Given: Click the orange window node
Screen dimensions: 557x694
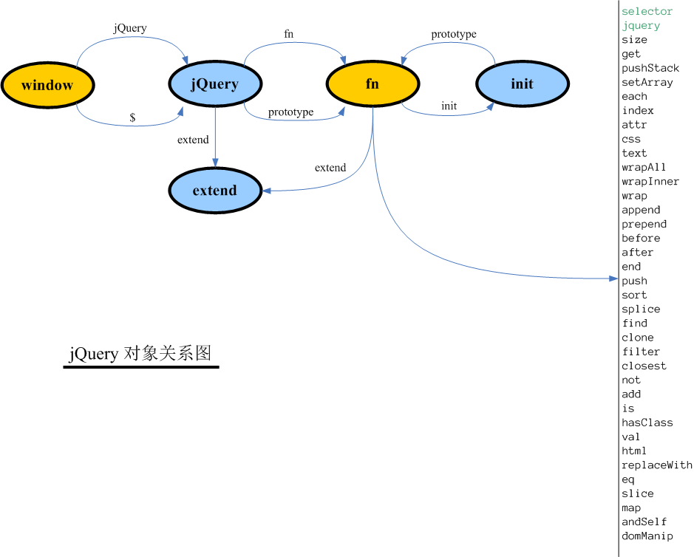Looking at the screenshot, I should (x=47, y=85).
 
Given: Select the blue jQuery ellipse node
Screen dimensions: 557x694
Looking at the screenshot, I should (x=214, y=84).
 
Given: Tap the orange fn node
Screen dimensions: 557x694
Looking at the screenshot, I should (x=372, y=84).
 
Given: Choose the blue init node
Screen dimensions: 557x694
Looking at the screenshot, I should (x=522, y=84).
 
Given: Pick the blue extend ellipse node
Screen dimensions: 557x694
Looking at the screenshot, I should (x=214, y=191).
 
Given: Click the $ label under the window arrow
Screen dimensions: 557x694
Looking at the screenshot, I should (x=132, y=117).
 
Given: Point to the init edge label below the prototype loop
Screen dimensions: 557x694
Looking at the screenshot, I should (x=449, y=106).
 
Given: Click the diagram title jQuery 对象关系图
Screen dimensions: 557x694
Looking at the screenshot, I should (x=140, y=354).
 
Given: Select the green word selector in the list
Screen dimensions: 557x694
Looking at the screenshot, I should (x=647, y=11).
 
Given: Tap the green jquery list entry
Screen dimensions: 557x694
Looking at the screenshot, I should (x=640, y=25).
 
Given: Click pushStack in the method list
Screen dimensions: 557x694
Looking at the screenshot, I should (x=650, y=68).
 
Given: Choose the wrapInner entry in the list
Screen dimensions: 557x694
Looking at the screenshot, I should (x=650, y=182).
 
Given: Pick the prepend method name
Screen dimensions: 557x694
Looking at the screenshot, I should (x=644, y=224).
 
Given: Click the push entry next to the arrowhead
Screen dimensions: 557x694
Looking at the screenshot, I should (x=634, y=281).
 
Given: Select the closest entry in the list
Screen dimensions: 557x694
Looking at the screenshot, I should (x=644, y=366).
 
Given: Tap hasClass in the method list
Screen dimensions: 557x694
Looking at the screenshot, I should (x=647, y=423).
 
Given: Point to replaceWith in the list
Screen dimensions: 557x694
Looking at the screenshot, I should (x=656, y=465).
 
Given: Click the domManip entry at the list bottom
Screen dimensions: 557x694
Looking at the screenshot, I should (x=647, y=536).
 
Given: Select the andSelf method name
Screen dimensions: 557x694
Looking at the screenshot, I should (x=644, y=522).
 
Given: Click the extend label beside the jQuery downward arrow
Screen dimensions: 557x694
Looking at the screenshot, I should (x=193, y=140).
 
